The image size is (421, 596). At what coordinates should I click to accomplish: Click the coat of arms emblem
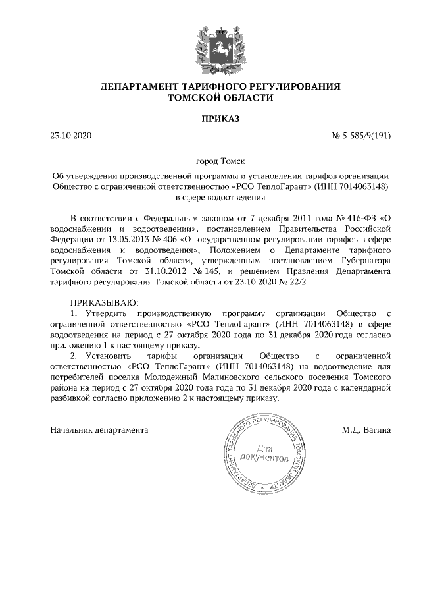click(x=219, y=46)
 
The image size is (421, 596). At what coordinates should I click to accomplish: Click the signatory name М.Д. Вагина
click(x=366, y=430)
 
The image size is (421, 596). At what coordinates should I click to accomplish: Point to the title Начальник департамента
click(x=99, y=430)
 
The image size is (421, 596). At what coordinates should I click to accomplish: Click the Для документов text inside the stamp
click(x=264, y=452)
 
